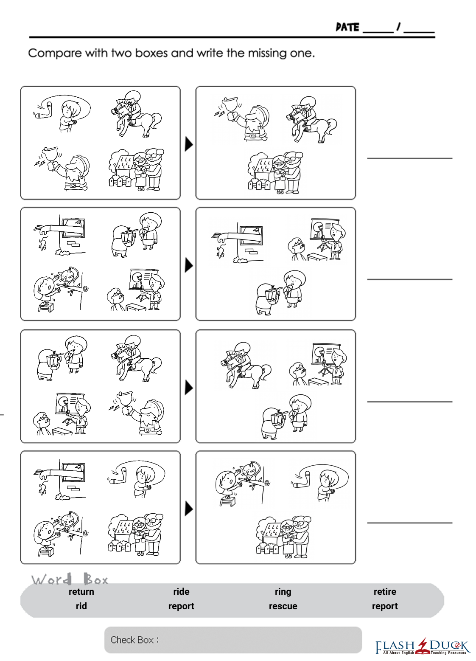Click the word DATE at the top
tap(347, 27)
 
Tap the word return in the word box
tap(81, 592)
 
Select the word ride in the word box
tap(182, 592)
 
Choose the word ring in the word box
tap(283, 592)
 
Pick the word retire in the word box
tap(385, 592)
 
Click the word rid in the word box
tap(81, 606)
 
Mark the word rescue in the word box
tap(283, 606)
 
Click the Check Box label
tap(134, 640)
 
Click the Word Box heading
tap(70, 579)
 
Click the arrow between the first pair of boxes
tap(189, 144)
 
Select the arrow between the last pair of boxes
tap(189, 509)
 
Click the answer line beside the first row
tap(410, 158)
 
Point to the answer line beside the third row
tap(410, 402)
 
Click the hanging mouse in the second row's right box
tap(220, 251)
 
